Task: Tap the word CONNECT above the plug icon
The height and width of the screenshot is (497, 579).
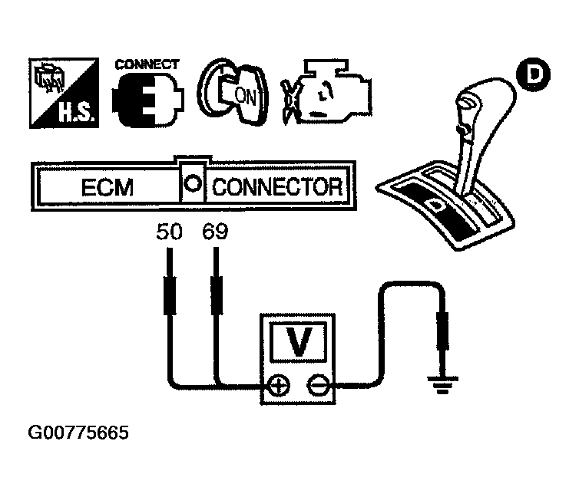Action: pyautogui.click(x=146, y=64)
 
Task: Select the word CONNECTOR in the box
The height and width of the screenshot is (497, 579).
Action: pyautogui.click(x=276, y=188)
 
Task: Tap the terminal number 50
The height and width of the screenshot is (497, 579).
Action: pyautogui.click(x=170, y=231)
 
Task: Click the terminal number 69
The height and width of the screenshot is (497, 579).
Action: pyautogui.click(x=215, y=231)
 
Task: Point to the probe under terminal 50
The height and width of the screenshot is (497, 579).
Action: pyautogui.click(x=169, y=291)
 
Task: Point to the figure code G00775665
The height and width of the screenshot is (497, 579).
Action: pyautogui.click(x=78, y=433)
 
